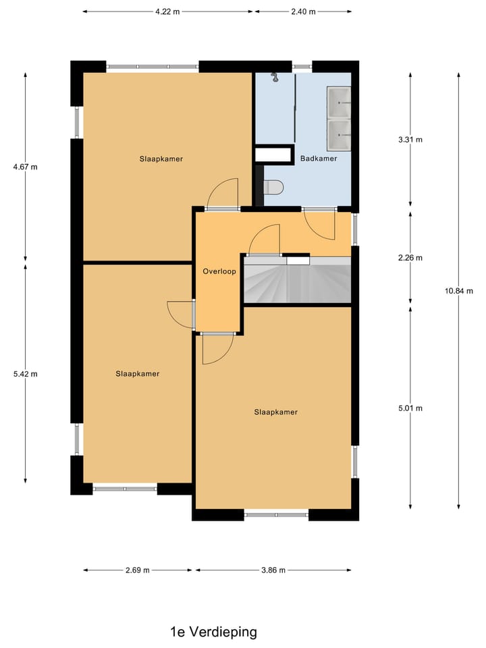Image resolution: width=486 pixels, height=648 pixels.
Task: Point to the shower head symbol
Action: pyautogui.click(x=275, y=77)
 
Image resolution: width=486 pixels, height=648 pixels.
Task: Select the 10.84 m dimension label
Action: pyautogui.click(x=459, y=291)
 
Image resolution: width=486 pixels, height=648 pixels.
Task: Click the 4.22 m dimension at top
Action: pyautogui.click(x=168, y=11)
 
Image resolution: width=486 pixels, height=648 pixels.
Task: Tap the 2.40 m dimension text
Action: pyautogui.click(x=304, y=11)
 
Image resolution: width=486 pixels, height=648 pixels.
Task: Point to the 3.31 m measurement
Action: pyautogui.click(x=410, y=140)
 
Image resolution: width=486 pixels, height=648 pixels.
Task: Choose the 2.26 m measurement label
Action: pyautogui.click(x=410, y=257)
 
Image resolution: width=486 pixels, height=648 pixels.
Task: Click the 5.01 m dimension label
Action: pyautogui.click(x=410, y=408)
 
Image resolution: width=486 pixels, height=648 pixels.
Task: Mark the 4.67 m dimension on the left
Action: pyautogui.click(x=26, y=167)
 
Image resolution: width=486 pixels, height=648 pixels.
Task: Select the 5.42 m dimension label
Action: pyautogui.click(x=26, y=373)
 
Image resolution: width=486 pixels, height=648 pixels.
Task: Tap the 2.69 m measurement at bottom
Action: pyautogui.click(x=138, y=570)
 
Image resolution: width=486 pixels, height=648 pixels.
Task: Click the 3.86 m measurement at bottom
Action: pyautogui.click(x=273, y=570)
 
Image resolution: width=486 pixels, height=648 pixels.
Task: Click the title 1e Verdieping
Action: pyautogui.click(x=213, y=632)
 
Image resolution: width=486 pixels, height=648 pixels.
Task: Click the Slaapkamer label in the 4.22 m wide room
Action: pyautogui.click(x=161, y=159)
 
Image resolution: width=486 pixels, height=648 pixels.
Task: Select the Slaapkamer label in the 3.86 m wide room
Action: pyautogui.click(x=275, y=412)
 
